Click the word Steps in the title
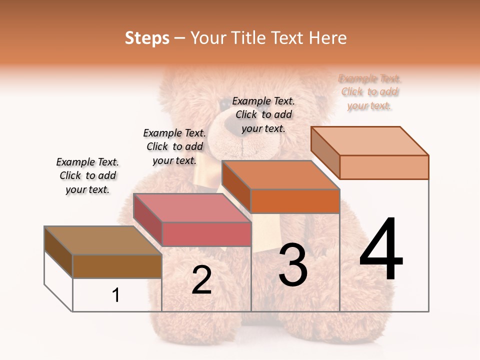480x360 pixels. pyautogui.click(x=147, y=38)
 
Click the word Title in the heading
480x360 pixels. pyautogui.click(x=248, y=38)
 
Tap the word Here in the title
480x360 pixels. pyautogui.click(x=327, y=38)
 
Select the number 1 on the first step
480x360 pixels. pyautogui.click(x=116, y=295)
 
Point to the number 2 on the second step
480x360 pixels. pyautogui.click(x=201, y=280)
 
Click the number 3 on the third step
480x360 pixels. pyautogui.click(x=293, y=265)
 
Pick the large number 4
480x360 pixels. pyautogui.click(x=381, y=250)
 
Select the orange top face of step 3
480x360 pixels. pyautogui.click(x=280, y=175)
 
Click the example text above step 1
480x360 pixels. pyautogui.click(x=87, y=175)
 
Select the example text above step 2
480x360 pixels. pyautogui.click(x=174, y=146)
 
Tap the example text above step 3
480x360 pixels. pyautogui.click(x=263, y=114)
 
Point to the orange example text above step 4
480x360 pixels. pyautogui.click(x=369, y=92)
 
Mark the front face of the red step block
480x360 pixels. pyautogui.click(x=206, y=234)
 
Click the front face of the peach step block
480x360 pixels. pyautogui.click(x=384, y=167)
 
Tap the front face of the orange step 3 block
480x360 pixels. pyautogui.click(x=295, y=201)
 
